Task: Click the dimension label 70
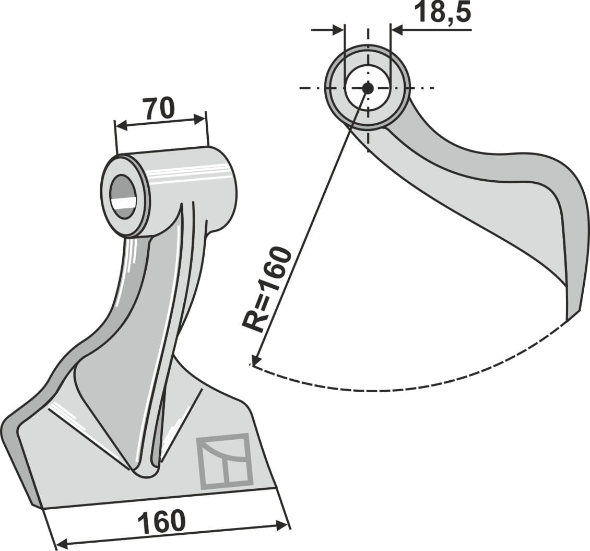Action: (158, 108)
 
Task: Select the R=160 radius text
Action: (267, 288)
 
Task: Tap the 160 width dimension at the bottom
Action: (161, 521)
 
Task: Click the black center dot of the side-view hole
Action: (368, 88)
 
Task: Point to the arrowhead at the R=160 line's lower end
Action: (255, 360)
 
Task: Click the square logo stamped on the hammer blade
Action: (225, 461)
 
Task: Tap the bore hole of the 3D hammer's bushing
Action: (123, 197)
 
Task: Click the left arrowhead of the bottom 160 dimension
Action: (62, 545)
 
